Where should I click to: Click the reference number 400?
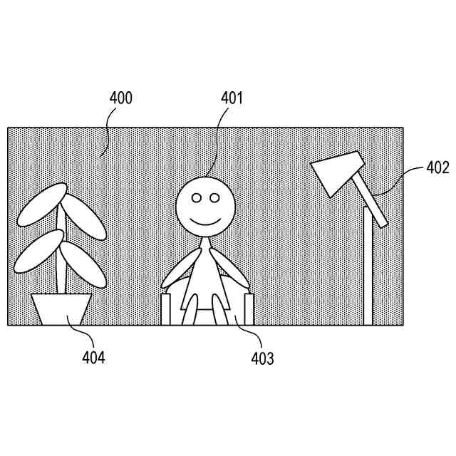(x=120, y=98)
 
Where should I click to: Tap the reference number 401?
(x=232, y=98)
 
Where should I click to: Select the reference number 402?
(x=437, y=168)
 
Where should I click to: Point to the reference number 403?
(x=261, y=358)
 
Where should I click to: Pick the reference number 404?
(x=93, y=358)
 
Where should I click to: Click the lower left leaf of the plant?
(x=38, y=251)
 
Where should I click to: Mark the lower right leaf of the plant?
(x=83, y=263)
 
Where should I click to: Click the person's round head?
(x=206, y=205)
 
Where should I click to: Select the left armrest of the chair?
(x=167, y=309)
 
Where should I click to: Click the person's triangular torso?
(x=207, y=274)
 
